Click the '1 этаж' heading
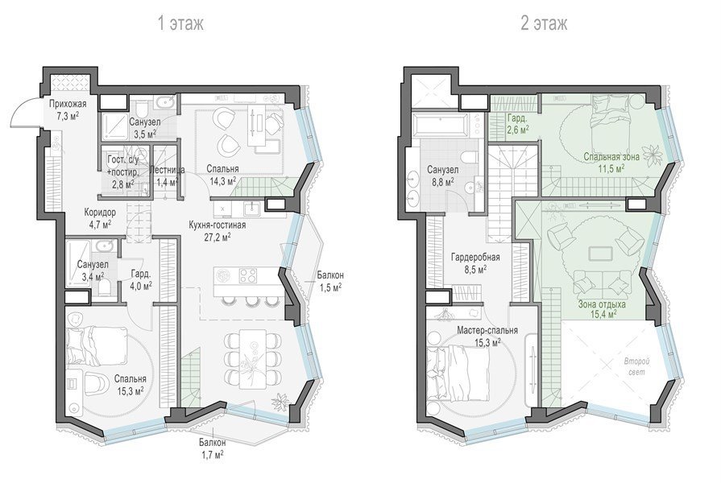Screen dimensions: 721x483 [180, 23]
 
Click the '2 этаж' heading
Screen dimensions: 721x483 [544, 23]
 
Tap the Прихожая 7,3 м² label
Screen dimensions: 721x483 [68, 109]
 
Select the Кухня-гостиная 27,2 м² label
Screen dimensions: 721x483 [217, 231]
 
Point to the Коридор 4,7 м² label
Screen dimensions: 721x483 [100, 218]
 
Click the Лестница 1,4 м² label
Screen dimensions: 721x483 [168, 176]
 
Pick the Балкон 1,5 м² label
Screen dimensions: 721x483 [329, 281]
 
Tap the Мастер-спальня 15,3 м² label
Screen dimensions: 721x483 [487, 336]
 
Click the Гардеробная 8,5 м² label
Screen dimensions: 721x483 [475, 263]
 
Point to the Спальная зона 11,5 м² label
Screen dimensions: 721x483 [611, 163]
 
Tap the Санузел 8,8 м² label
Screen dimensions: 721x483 [442, 175]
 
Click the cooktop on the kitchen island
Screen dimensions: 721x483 [248, 275]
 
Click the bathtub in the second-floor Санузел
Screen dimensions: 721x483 [442, 125]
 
